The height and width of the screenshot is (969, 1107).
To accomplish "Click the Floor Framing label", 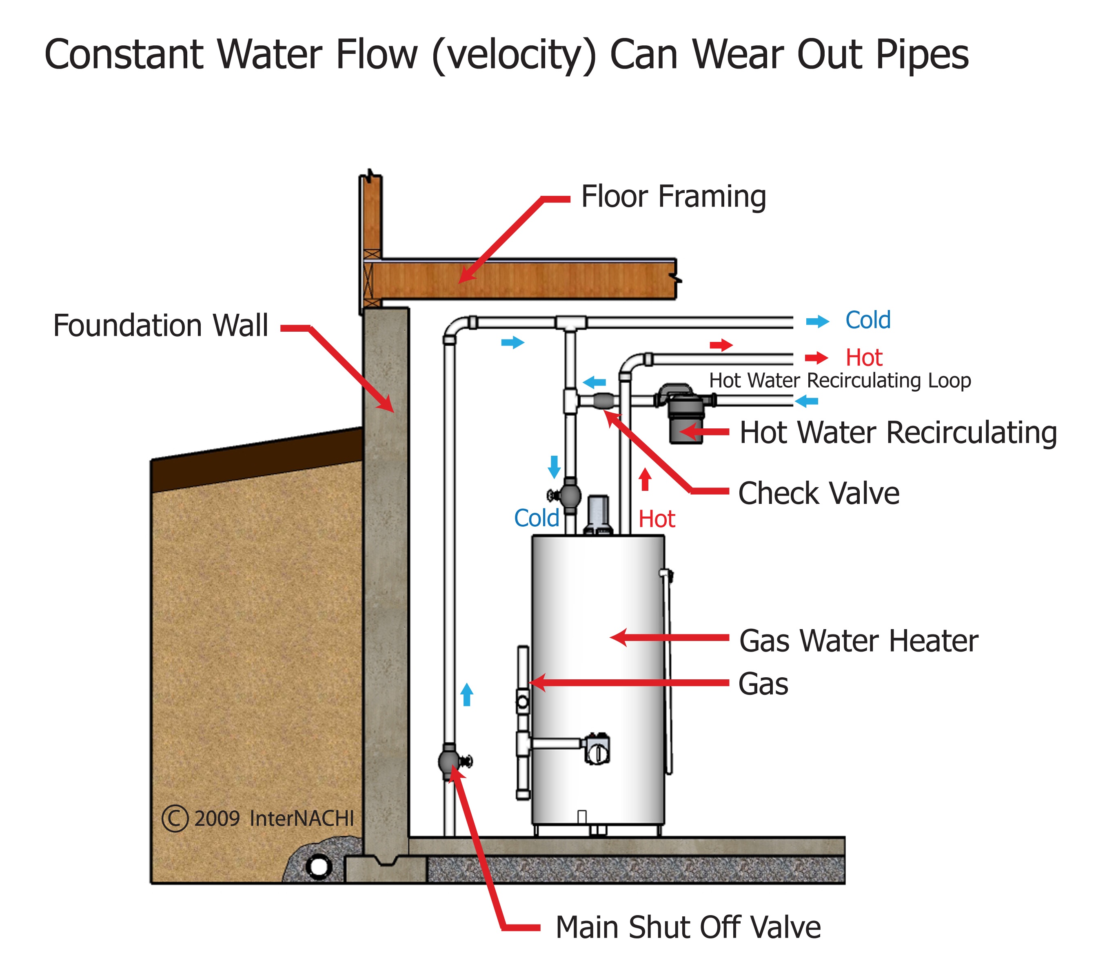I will click(x=673, y=196).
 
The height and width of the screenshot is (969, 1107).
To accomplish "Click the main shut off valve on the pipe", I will click(x=449, y=761).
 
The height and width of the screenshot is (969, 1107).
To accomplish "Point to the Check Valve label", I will click(x=818, y=493).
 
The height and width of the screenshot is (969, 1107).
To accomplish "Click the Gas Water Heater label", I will click(x=858, y=641).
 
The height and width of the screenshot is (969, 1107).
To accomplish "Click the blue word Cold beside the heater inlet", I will click(x=536, y=518).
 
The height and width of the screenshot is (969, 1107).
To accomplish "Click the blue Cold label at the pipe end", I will click(x=867, y=320).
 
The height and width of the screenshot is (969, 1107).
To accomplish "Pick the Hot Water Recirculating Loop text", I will click(x=839, y=380).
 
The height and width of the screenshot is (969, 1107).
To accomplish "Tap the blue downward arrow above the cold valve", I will click(x=554, y=466).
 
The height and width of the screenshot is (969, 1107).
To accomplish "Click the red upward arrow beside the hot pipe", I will click(x=645, y=479).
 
